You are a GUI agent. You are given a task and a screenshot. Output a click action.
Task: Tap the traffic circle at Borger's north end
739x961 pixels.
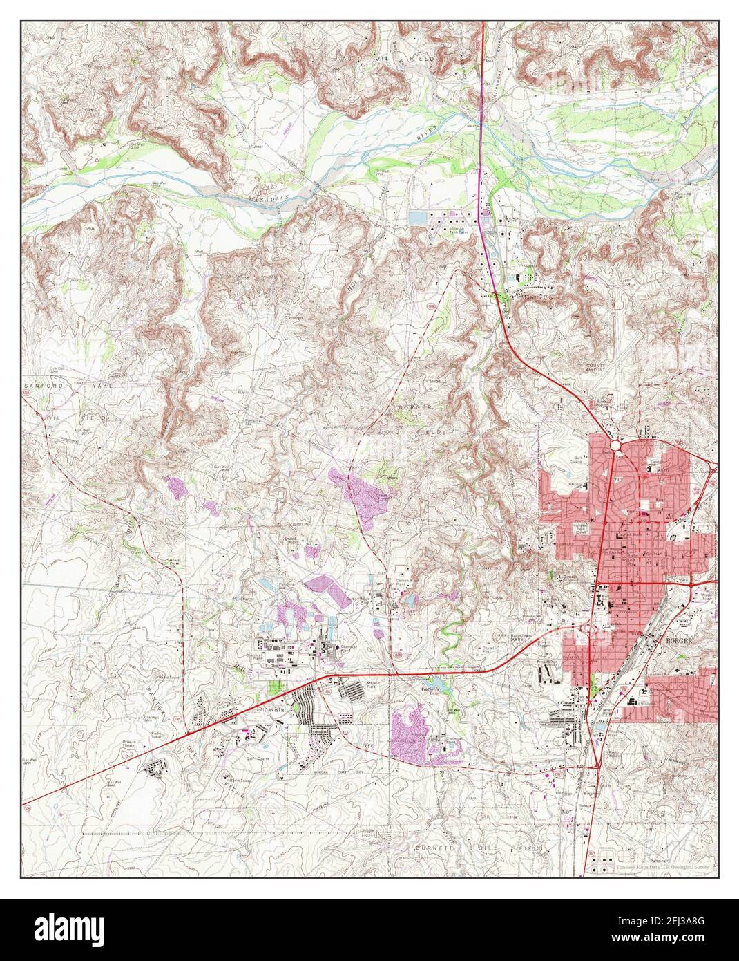(x=616, y=448)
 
